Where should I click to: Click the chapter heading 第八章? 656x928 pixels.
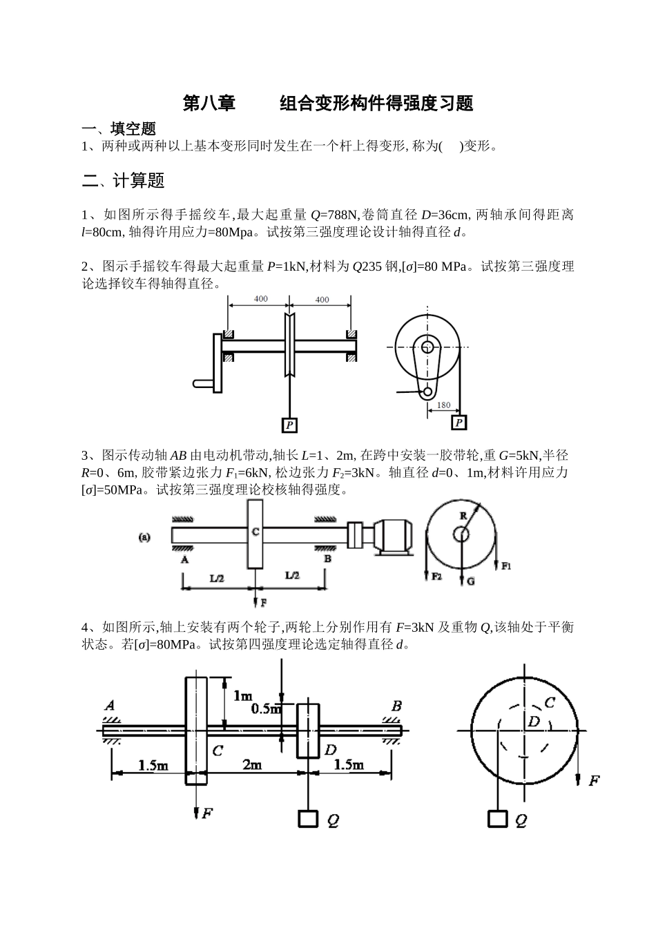click(x=209, y=104)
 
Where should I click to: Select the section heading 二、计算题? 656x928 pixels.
click(x=123, y=181)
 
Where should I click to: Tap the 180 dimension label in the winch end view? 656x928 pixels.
click(x=443, y=405)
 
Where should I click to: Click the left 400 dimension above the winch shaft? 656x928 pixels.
click(x=260, y=299)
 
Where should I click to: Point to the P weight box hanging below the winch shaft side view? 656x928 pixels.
click(x=290, y=425)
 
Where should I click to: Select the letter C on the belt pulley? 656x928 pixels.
click(x=255, y=532)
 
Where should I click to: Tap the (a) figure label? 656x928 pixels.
click(x=145, y=536)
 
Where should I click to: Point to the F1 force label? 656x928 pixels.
click(x=506, y=566)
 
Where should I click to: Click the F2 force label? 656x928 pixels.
click(x=436, y=576)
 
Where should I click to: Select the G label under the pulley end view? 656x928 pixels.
click(x=470, y=581)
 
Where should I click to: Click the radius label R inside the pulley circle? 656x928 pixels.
click(x=463, y=515)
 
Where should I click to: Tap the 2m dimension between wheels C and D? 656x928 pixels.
click(x=252, y=764)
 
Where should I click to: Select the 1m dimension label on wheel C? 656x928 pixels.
click(x=242, y=695)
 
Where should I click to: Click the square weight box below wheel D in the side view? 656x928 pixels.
click(x=308, y=818)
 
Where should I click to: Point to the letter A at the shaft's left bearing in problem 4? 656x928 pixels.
click(x=110, y=705)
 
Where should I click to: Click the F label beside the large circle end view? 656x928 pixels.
click(x=593, y=781)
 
